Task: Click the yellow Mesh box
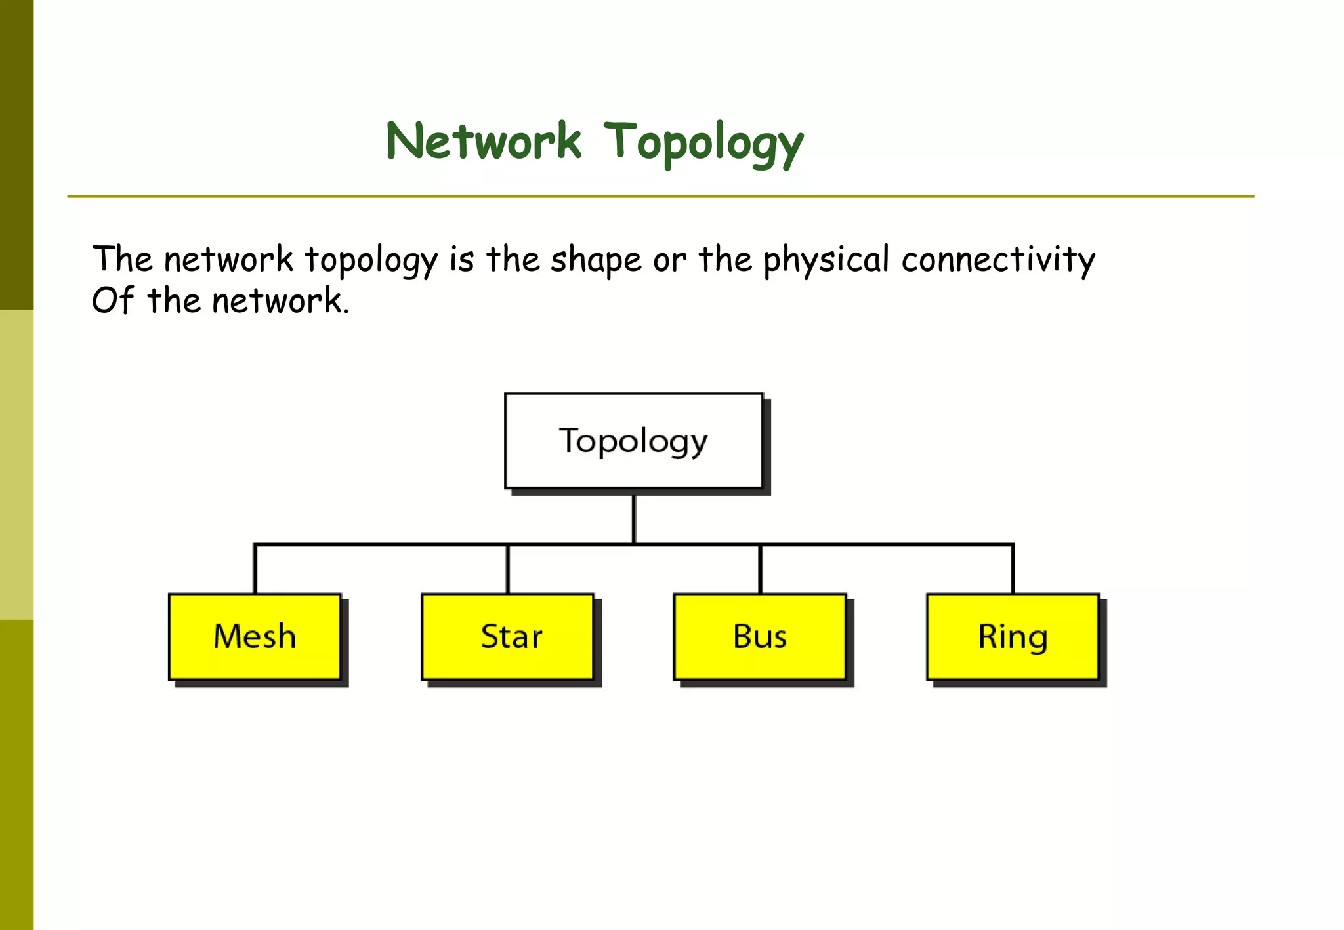255,637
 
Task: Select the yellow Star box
507,637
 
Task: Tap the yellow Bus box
760,637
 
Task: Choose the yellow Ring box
1013,637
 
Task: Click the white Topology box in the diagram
633,441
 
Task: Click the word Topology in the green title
703,142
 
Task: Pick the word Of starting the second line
113,301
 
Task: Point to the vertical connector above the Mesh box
255,569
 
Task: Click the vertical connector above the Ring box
1013,569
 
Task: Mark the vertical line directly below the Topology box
633,518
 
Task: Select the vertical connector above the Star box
507,569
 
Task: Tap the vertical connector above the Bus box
760,569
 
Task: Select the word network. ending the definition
280,302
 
